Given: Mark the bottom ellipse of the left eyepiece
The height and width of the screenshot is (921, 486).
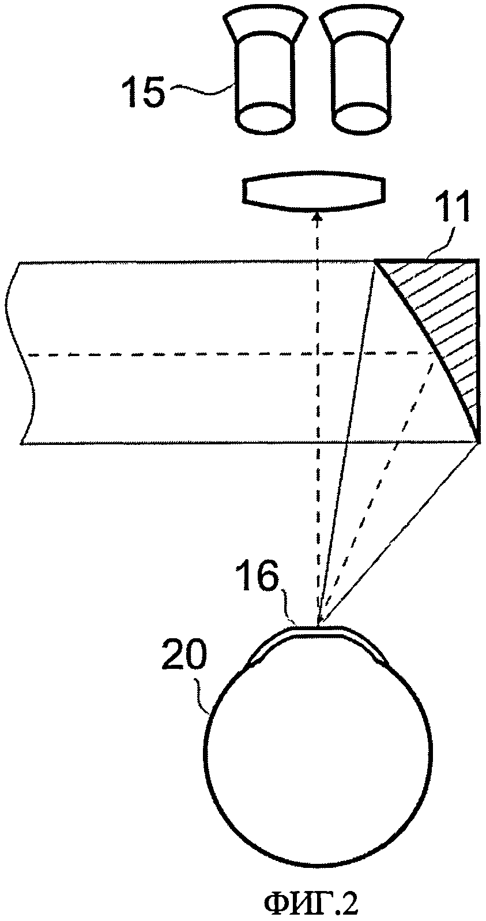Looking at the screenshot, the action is point(266,118).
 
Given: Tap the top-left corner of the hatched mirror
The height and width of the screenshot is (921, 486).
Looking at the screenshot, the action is point(376,263).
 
